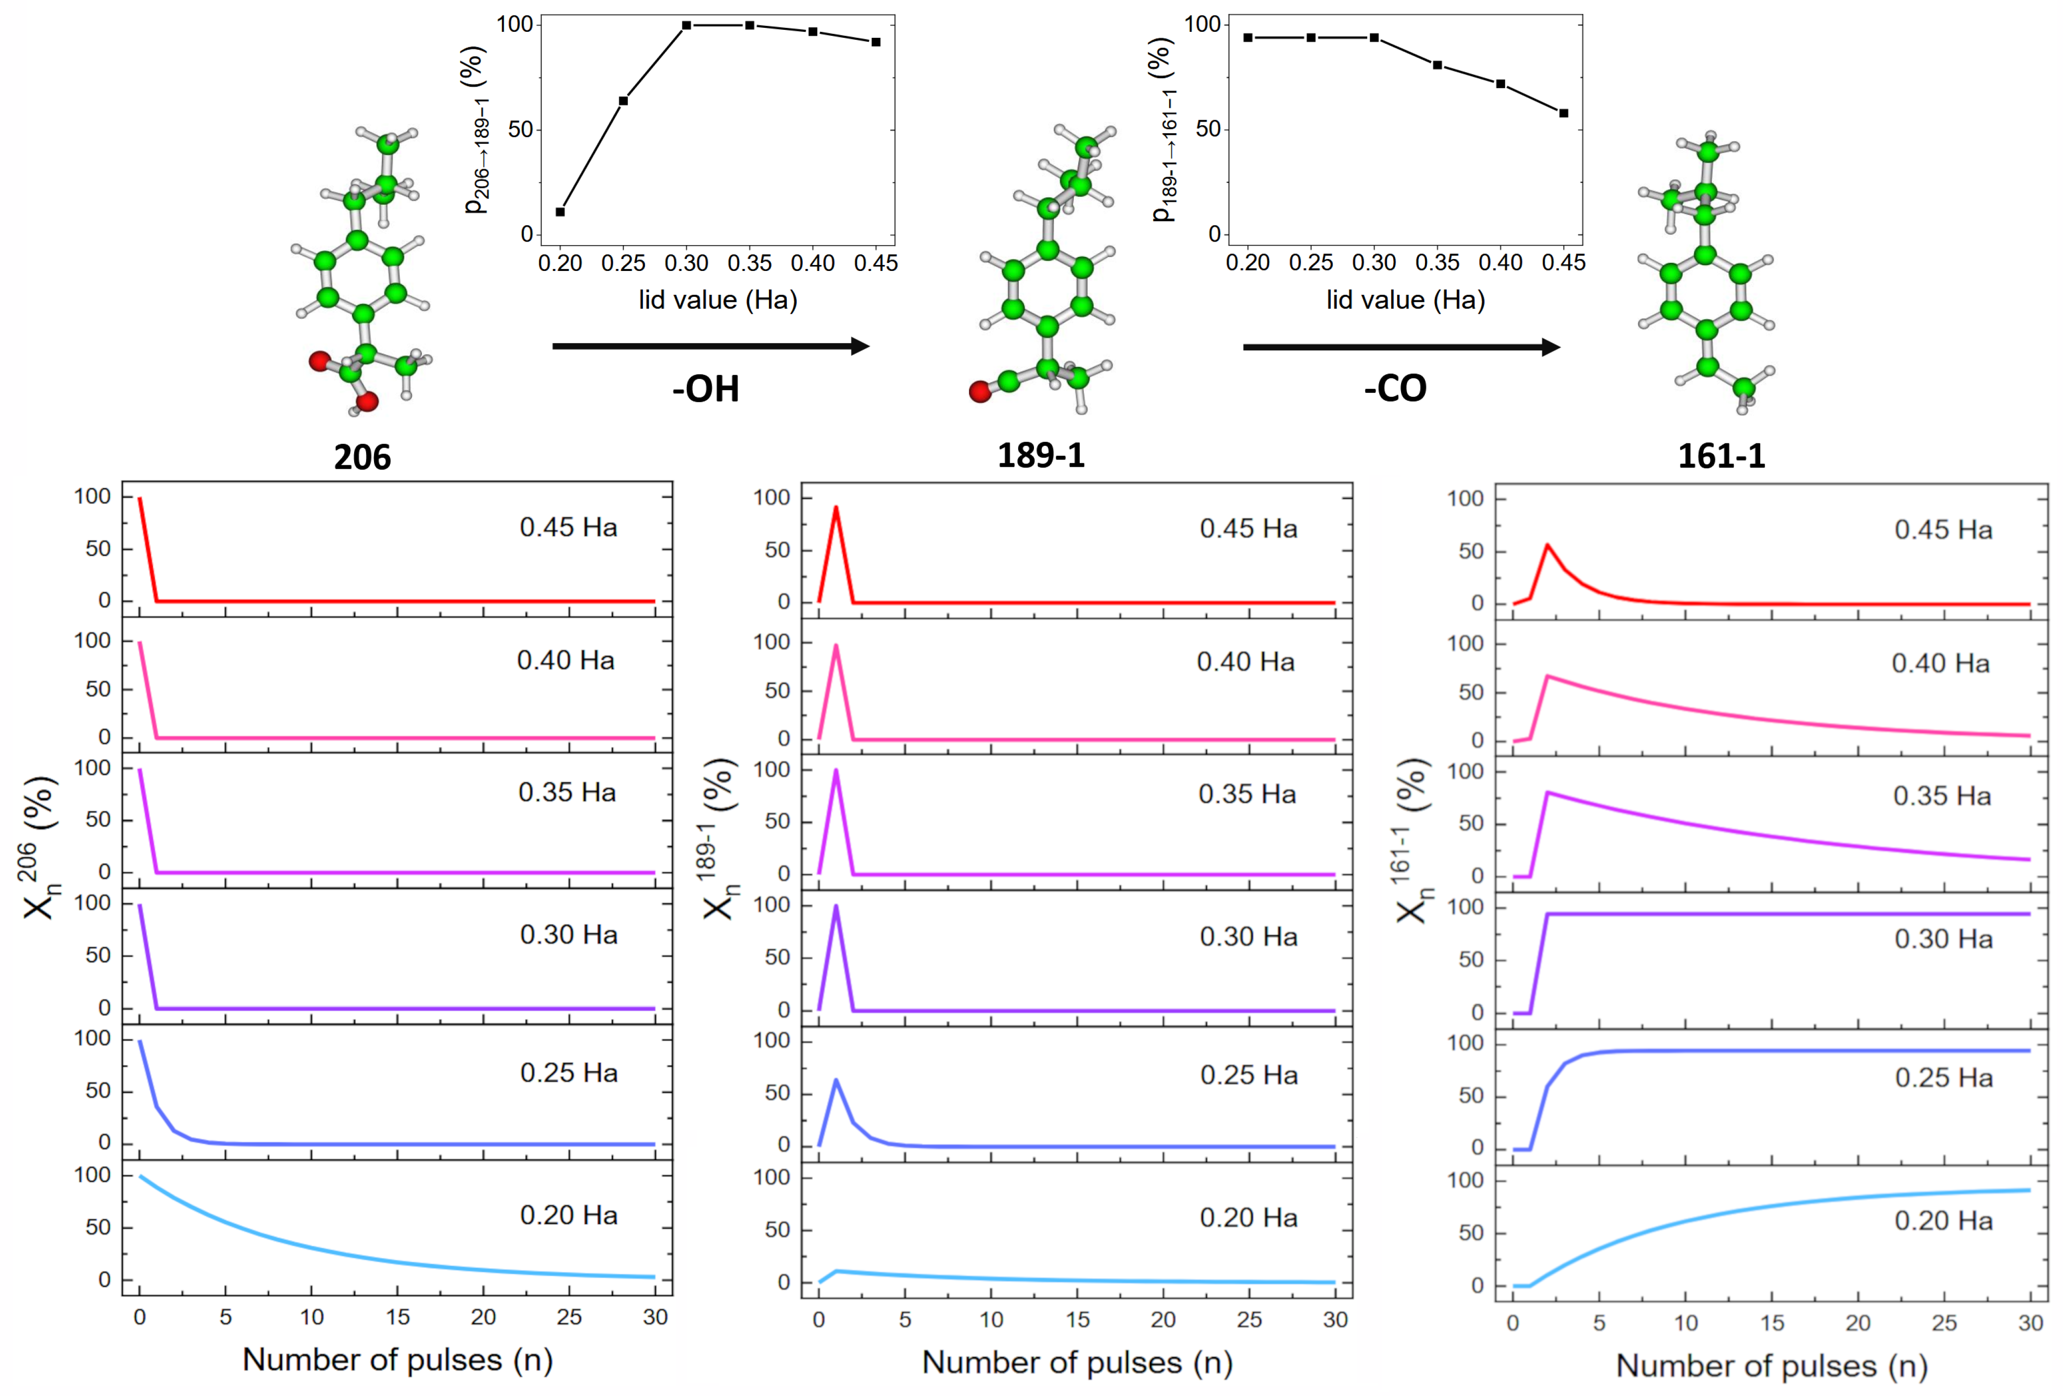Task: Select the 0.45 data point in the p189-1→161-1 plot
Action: coord(1563,113)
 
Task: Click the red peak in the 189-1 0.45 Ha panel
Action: coord(836,509)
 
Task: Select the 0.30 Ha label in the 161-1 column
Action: coord(1943,939)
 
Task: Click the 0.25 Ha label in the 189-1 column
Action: coord(1248,1076)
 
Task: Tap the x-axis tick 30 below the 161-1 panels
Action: coord(2030,1323)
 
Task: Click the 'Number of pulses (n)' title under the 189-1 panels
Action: coord(1077,1362)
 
